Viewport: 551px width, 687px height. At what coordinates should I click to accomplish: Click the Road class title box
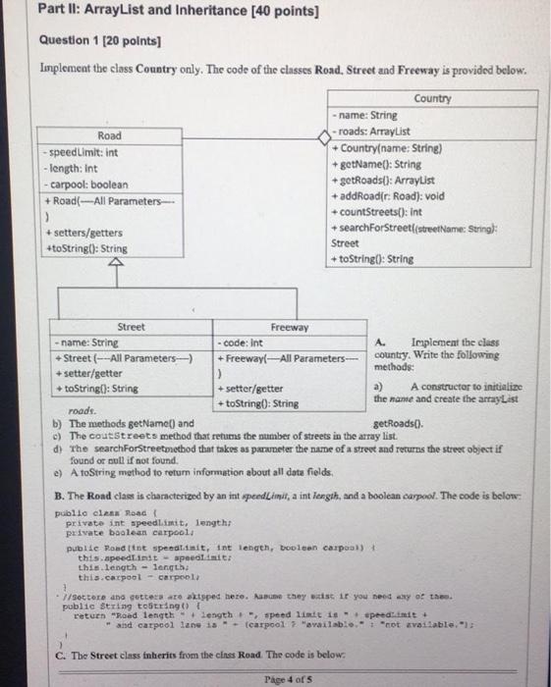[109, 135]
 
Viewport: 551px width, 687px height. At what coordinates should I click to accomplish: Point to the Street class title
[131, 327]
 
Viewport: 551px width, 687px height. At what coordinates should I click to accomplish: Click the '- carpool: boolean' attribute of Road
[86, 184]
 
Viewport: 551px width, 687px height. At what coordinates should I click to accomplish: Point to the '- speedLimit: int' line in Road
[83, 153]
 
